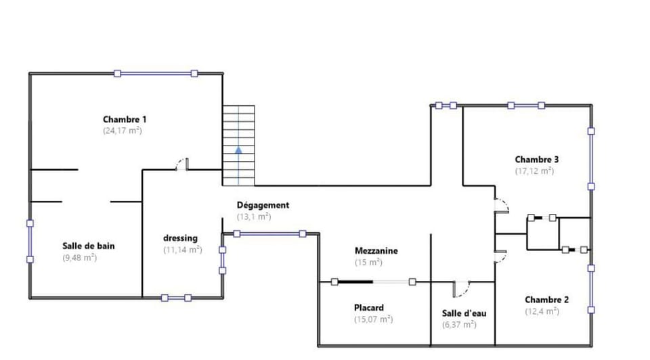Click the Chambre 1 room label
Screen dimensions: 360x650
125,119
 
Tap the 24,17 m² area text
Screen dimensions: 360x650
122,130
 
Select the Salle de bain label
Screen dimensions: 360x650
89,246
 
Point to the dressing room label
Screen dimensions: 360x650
180,238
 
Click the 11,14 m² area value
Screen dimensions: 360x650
183,250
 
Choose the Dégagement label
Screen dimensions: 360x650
263,205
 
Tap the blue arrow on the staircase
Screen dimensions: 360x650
238,150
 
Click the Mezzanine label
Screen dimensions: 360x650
376,250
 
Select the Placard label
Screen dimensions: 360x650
369,307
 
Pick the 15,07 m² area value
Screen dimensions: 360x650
373,319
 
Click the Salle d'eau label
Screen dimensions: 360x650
464,313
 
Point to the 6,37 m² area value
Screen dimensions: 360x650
459,324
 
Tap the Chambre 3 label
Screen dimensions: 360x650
536,160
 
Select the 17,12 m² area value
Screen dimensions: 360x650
534,171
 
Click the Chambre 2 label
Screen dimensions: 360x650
546,300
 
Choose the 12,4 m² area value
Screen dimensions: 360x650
542,311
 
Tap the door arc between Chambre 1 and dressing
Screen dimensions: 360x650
181,164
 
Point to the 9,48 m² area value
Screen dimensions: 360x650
79,257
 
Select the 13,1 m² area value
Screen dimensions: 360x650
254,217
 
